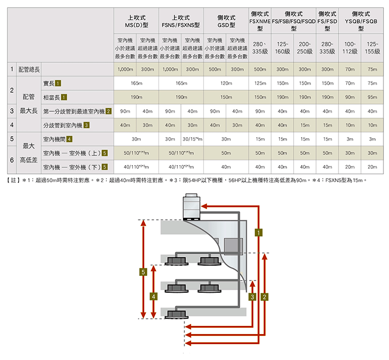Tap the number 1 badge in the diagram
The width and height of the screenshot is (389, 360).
pos(259,233)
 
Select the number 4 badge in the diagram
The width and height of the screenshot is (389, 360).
pos(153,296)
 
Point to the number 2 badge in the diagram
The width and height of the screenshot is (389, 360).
pos(264,296)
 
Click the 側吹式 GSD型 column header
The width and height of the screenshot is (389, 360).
pos(226,21)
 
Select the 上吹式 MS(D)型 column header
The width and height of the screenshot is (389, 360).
pos(136,21)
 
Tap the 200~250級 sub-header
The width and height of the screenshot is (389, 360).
pos(305,47)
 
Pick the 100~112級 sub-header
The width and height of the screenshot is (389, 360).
pos(350,47)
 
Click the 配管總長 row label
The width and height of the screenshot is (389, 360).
pos(29,69)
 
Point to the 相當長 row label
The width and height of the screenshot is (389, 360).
pos(53,96)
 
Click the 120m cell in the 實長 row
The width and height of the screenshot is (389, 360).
pos(226,83)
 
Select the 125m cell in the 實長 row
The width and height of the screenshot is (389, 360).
pos(260,83)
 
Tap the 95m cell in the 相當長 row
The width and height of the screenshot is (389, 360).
pos(372,96)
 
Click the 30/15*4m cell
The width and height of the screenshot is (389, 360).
pos(192,139)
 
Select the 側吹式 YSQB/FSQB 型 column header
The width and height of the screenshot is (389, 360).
pos(361,21)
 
